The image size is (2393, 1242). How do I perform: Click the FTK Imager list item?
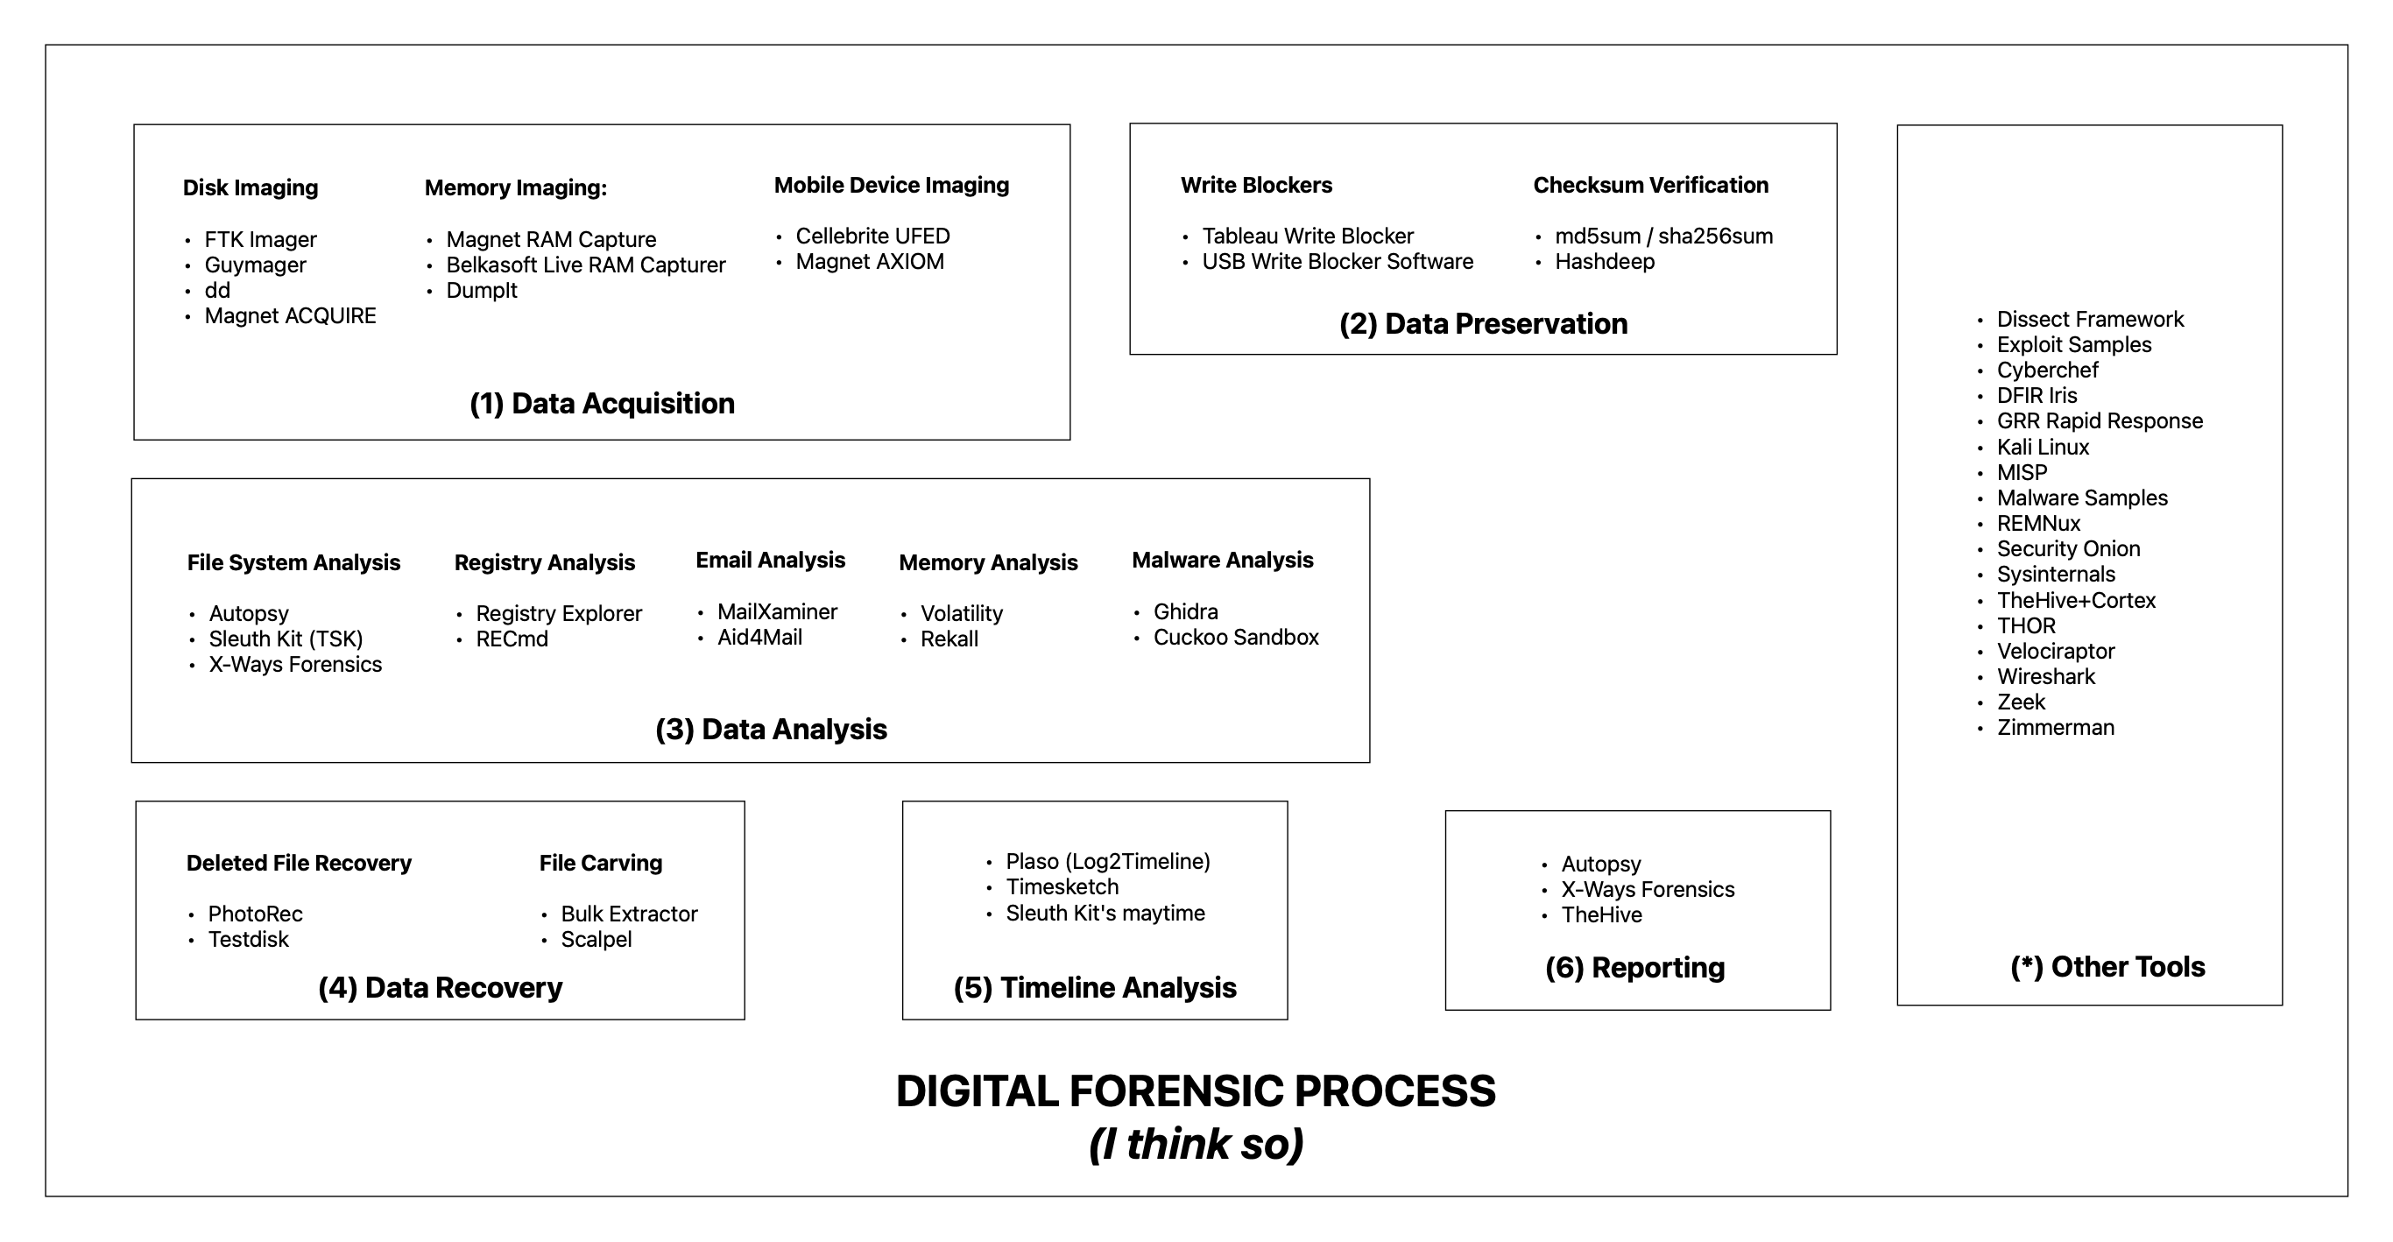260,240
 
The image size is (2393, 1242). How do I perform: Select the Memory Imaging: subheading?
516,187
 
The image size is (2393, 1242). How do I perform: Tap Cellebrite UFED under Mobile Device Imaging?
872,236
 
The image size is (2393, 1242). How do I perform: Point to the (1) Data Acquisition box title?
602,403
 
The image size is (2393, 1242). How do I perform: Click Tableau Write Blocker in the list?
1307,236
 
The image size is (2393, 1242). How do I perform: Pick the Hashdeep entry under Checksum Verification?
1605,262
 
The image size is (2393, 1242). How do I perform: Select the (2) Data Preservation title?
1483,323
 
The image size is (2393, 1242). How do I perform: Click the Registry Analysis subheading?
544,563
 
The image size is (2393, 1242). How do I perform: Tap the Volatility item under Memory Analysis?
962,613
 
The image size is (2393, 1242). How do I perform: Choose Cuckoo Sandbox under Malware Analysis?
1236,638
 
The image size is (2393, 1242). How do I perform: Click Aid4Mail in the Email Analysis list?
759,638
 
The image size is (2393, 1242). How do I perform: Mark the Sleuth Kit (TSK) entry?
286,639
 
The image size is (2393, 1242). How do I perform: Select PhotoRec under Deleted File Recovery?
255,914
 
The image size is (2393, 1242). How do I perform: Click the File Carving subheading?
600,863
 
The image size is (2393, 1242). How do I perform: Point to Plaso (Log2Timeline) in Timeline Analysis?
1107,861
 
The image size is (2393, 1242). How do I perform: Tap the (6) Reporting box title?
1634,967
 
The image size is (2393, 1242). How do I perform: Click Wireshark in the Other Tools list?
2045,676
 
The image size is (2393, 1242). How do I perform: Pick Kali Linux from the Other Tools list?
2043,447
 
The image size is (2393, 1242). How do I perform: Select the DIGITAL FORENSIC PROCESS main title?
1196,1090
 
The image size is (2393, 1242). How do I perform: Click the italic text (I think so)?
1196,1144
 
